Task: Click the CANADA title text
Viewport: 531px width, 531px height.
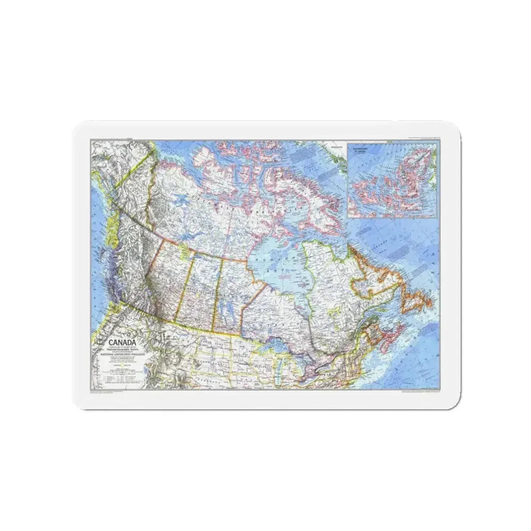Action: click(x=108, y=341)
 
